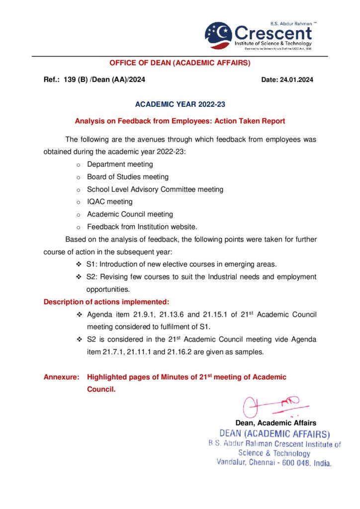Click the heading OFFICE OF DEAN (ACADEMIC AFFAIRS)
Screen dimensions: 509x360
click(x=180, y=63)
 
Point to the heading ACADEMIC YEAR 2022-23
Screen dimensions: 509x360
click(x=180, y=104)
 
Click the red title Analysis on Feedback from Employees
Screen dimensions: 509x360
click(x=180, y=121)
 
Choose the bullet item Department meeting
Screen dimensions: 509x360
click(x=120, y=164)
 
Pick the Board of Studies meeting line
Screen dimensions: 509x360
click(x=127, y=176)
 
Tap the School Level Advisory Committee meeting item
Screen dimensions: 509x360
click(x=155, y=189)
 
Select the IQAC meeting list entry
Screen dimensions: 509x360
click(x=109, y=202)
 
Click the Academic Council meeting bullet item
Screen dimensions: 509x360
click(x=130, y=214)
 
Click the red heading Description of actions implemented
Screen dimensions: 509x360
click(x=106, y=302)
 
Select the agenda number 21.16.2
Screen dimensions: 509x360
click(x=193, y=352)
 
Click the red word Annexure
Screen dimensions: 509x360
click(x=61, y=377)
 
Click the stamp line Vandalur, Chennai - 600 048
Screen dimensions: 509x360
click(x=274, y=462)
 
